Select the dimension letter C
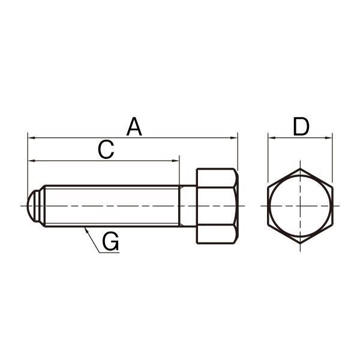pyautogui.click(x=106, y=150)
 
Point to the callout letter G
pyautogui.click(x=110, y=242)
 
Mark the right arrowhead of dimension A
pyautogui.click(x=235, y=138)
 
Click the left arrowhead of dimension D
pyautogui.click(x=271, y=138)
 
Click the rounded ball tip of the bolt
pyautogui.click(x=33, y=206)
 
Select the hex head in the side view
pyautogui.click(x=217, y=206)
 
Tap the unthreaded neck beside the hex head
pyautogui.click(x=188, y=206)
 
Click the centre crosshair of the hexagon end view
pyautogui.click(x=299, y=206)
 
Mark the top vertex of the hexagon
pyautogui.click(x=299, y=169)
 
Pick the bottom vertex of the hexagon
pyautogui.click(x=299, y=243)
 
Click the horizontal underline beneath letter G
pyautogui.click(x=109, y=253)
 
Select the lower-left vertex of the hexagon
pyautogui.click(x=268, y=224)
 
